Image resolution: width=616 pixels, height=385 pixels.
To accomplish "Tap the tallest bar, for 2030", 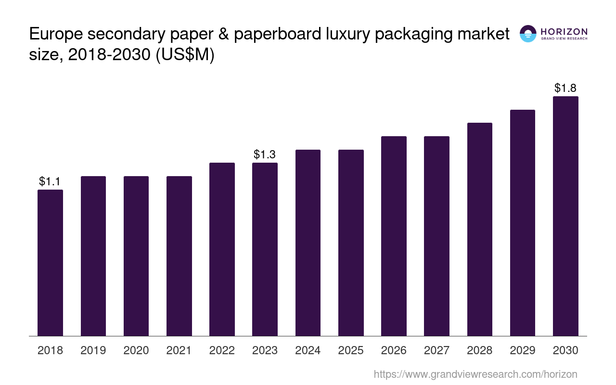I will click(x=565, y=216).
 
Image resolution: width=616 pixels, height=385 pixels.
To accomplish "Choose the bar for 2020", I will click(x=136, y=256).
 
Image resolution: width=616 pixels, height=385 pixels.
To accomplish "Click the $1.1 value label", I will click(x=50, y=181).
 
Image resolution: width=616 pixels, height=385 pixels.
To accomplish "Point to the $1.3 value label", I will click(x=265, y=154).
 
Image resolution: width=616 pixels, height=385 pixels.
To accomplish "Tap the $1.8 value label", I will click(x=565, y=88).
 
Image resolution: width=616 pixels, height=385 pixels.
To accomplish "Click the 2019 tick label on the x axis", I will click(x=93, y=350).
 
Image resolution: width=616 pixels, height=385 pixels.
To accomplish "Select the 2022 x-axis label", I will click(x=222, y=350).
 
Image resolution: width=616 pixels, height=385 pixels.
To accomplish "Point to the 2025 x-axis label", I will click(x=351, y=350).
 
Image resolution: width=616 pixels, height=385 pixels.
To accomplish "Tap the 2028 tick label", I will click(x=480, y=350).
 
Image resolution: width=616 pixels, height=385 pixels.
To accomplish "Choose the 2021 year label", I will click(x=179, y=350).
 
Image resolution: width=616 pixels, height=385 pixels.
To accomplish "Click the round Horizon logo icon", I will click(x=528, y=34).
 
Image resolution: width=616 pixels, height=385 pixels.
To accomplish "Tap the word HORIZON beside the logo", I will click(x=564, y=31).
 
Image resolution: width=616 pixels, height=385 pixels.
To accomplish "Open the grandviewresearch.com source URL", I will click(x=475, y=374).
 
